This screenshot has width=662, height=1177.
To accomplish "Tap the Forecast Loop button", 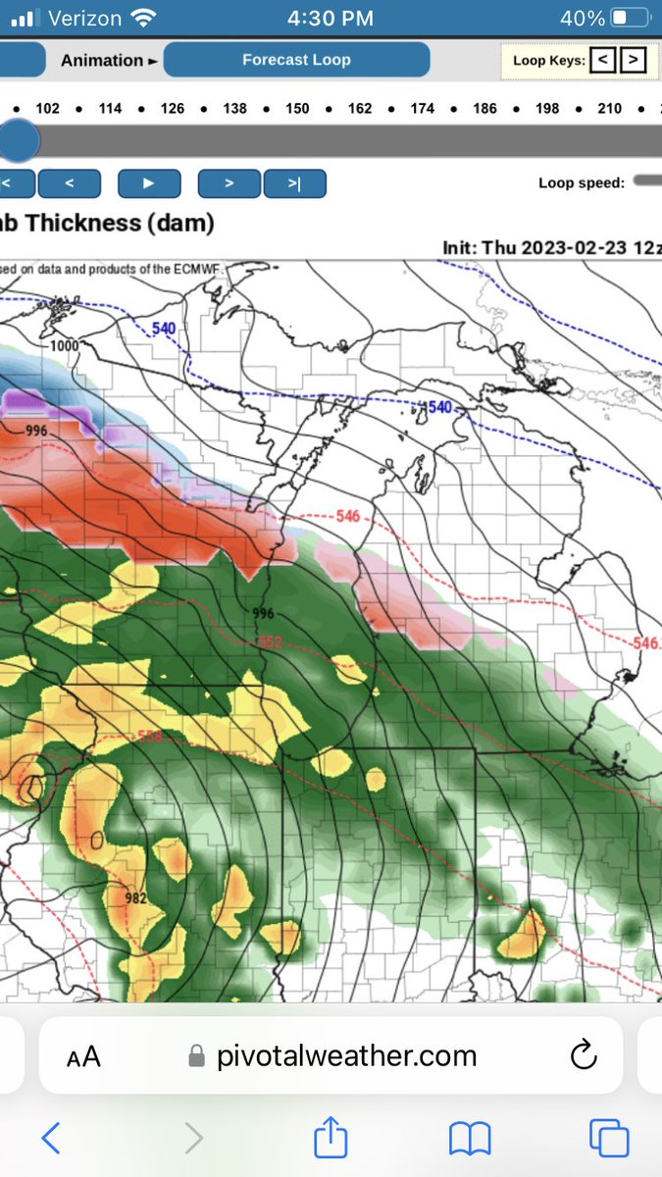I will coord(296,60).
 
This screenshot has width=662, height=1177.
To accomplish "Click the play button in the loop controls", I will coord(149,183).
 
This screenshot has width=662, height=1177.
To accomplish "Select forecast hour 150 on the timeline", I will coord(297,108).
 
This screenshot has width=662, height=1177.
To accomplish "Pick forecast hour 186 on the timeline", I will coord(484,108).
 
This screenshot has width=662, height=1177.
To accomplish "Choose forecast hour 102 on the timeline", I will coord(47,108).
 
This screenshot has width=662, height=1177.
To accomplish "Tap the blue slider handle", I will coord(17,141).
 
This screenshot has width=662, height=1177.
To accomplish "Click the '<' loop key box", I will coord(604,60).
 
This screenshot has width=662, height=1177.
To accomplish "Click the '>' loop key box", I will coord(634,60).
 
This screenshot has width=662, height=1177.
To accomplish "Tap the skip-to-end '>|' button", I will coord(294,183).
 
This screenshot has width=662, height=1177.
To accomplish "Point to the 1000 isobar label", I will coord(65,346).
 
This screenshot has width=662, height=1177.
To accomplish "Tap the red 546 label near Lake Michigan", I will coord(347,516).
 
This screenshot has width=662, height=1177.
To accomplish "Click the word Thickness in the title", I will coord(83,223).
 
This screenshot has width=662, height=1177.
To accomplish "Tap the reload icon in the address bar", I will coord(584,1055).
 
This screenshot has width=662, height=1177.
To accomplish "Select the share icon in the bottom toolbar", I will coord(331,1139).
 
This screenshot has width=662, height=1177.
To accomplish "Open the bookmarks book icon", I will coord(470,1139).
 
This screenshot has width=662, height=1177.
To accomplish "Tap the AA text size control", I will coord(83,1056).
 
